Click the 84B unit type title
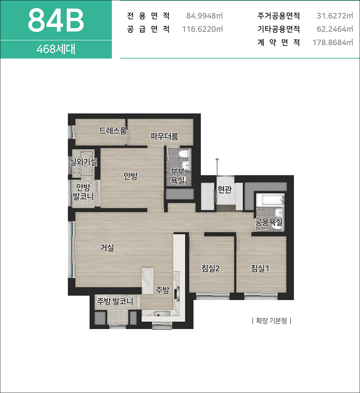(x=56, y=20)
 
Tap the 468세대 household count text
(x=56, y=49)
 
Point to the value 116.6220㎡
(x=202, y=29)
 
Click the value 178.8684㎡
(x=333, y=43)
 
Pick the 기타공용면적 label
(x=279, y=29)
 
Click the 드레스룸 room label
(x=113, y=131)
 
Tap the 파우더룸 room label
(x=164, y=136)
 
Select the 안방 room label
(x=131, y=176)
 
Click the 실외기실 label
(x=83, y=162)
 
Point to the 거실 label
(x=107, y=248)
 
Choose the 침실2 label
(x=210, y=269)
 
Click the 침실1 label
(x=260, y=269)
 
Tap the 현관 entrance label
(x=225, y=189)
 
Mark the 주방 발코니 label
(x=115, y=301)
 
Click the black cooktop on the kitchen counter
(x=177, y=294)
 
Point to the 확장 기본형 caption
(x=271, y=321)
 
